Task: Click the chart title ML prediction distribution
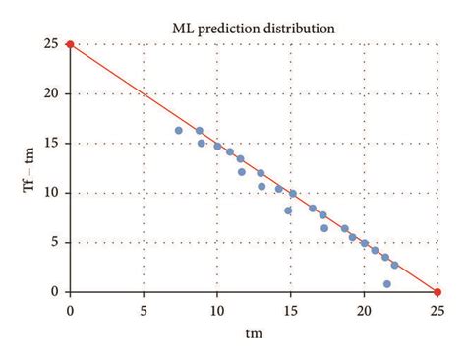[254, 28]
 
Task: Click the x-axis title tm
[254, 332]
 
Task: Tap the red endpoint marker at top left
[70, 44]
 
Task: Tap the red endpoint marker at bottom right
[437, 292]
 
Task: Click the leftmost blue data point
[179, 130]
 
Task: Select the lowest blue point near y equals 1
[387, 284]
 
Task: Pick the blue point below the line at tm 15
[289, 210]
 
